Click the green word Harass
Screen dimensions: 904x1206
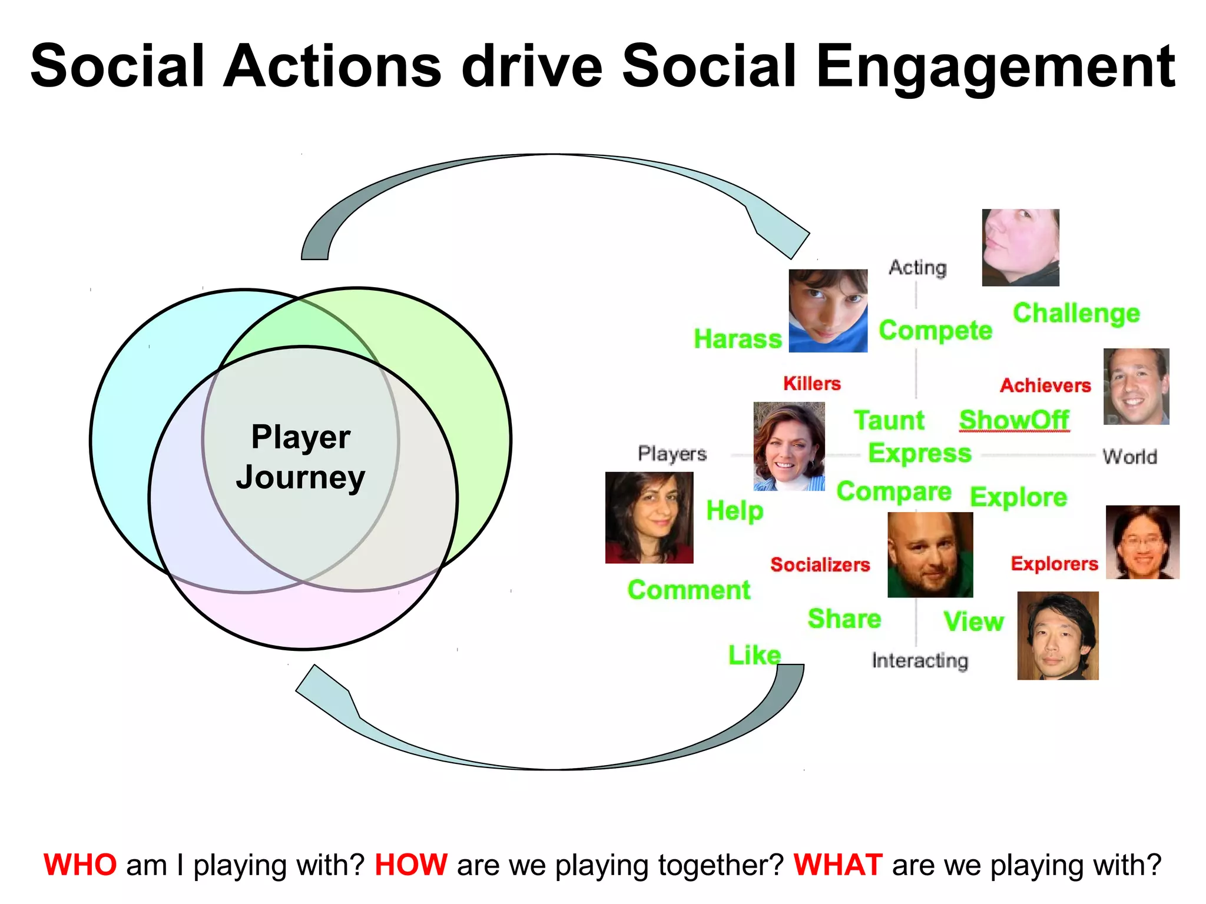point(737,339)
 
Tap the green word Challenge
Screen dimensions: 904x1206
point(1076,314)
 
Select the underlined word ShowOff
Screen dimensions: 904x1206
point(1014,420)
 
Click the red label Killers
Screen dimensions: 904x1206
point(811,384)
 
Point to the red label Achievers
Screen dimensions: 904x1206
point(1045,385)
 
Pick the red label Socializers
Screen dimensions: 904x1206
point(820,565)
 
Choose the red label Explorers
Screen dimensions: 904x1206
point(1054,564)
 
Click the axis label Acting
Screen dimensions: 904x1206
point(917,268)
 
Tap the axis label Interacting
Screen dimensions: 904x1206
point(920,660)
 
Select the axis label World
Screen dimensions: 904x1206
point(1129,457)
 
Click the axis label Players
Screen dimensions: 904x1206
point(672,454)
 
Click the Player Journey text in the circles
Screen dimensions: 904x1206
point(301,457)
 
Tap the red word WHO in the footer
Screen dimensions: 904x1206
point(80,865)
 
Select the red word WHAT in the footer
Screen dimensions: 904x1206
point(837,865)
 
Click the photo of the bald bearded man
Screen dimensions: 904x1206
point(930,554)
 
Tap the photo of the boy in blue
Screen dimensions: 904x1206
point(827,311)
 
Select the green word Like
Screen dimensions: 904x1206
point(754,655)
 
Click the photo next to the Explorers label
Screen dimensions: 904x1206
point(1142,542)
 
